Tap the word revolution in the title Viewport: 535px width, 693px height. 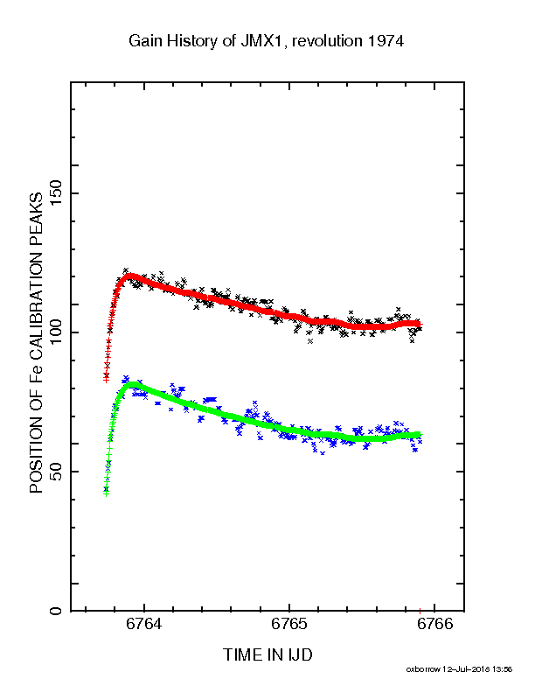pyautogui.click(x=327, y=41)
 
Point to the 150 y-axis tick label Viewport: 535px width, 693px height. pyautogui.click(x=57, y=193)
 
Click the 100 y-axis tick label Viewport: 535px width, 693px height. pyautogui.click(x=57, y=332)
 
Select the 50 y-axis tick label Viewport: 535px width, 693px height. pyautogui.click(x=57, y=472)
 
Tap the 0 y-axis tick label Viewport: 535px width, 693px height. pyautogui.click(x=57, y=611)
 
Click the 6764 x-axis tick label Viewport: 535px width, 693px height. pyautogui.click(x=144, y=624)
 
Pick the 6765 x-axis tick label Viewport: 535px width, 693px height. pyautogui.click(x=289, y=624)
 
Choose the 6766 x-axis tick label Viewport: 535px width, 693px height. pyautogui.click(x=434, y=624)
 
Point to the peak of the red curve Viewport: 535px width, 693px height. pyautogui.click(x=130, y=276)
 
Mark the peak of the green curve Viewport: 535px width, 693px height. pyautogui.click(x=132, y=384)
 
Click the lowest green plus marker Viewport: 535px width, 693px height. pyautogui.click(x=106, y=493)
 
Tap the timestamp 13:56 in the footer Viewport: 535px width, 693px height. pyautogui.click(x=503, y=669)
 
